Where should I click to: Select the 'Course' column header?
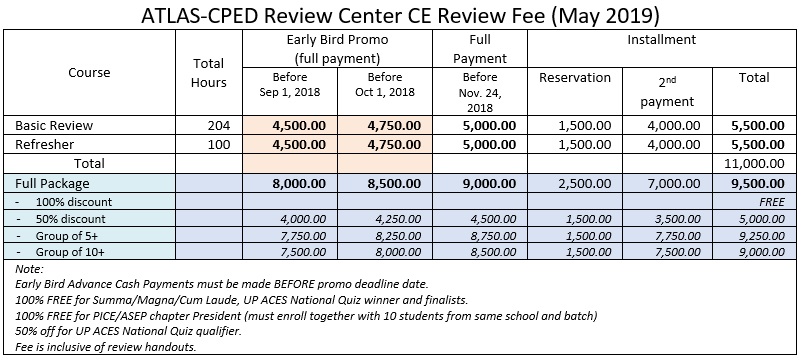[90, 73]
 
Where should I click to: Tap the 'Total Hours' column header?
[208, 73]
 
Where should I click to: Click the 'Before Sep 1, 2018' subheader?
[290, 86]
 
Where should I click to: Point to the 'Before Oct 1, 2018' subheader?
[384, 86]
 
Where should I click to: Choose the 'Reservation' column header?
[574, 77]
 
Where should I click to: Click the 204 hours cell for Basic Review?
[221, 126]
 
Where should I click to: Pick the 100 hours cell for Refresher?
[221, 144]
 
